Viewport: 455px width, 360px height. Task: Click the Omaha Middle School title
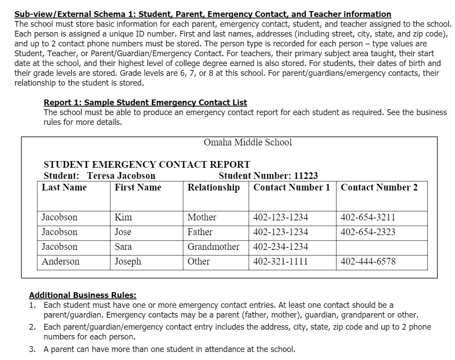(x=247, y=142)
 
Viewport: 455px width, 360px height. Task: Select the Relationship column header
(x=213, y=187)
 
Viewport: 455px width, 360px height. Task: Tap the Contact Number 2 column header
(x=379, y=187)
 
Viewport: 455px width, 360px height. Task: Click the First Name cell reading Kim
(x=123, y=217)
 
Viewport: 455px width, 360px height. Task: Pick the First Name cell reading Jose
(x=123, y=232)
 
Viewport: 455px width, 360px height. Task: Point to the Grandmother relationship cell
(x=213, y=247)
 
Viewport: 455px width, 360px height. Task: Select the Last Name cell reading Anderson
(x=60, y=261)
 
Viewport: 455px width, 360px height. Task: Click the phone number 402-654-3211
(x=368, y=217)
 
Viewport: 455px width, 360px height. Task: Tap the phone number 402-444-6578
(x=368, y=261)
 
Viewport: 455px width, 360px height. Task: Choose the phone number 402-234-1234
(x=280, y=247)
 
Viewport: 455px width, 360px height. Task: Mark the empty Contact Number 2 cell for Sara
(x=381, y=247)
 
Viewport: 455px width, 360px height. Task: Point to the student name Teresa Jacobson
(x=121, y=176)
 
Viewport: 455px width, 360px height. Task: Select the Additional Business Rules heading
(x=82, y=295)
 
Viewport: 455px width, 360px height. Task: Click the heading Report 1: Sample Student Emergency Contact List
(x=145, y=103)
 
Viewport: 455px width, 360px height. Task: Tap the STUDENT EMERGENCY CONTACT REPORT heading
(x=147, y=165)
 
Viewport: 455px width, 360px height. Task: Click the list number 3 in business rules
(x=32, y=349)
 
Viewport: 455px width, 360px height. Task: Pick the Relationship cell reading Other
(x=198, y=261)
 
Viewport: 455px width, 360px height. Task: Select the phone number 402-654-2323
(x=368, y=232)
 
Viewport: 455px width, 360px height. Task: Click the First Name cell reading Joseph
(x=128, y=261)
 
